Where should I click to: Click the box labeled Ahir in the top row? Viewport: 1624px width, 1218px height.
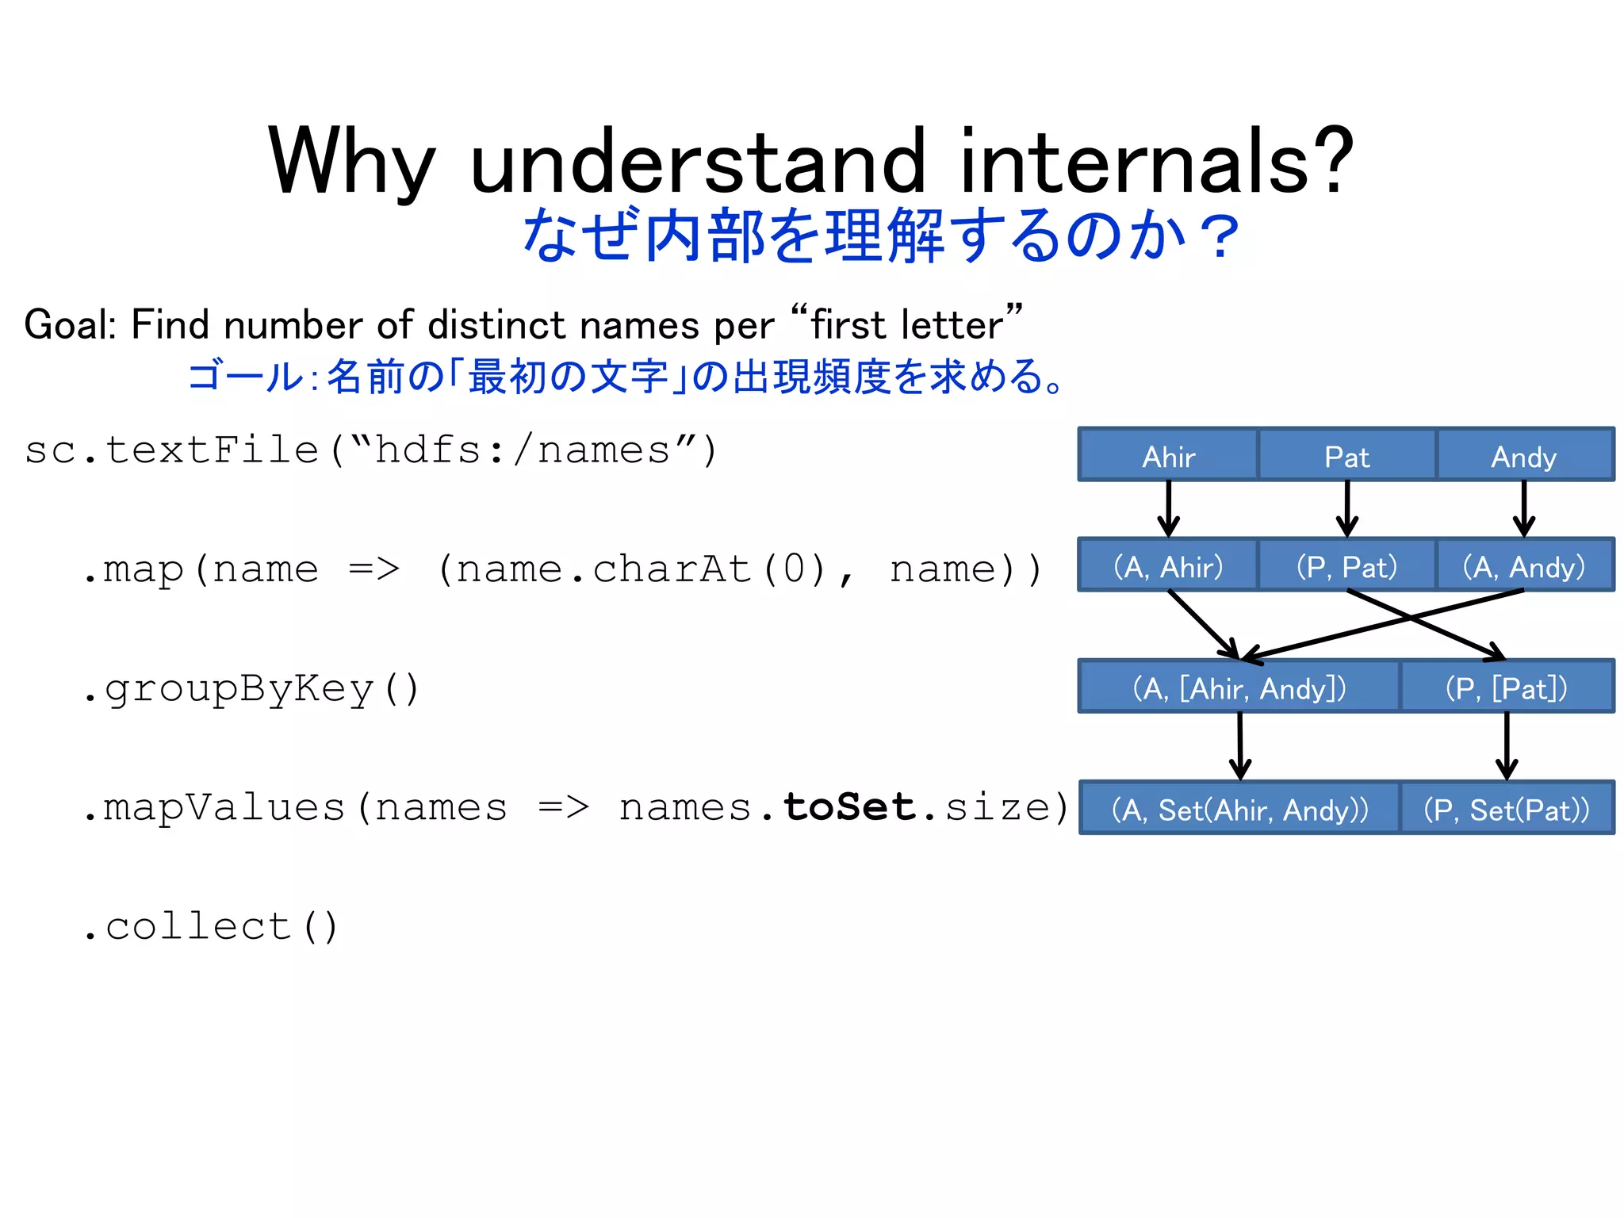(1168, 455)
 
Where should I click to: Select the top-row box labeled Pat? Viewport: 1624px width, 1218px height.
(1346, 455)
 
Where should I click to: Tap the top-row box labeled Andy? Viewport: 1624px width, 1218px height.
(1524, 455)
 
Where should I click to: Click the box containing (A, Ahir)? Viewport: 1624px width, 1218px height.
(1168, 565)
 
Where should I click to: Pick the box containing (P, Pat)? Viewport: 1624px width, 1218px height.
(1346, 565)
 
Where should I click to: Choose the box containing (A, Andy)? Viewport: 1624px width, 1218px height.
(1524, 565)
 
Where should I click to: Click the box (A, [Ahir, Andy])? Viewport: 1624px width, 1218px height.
(1239, 687)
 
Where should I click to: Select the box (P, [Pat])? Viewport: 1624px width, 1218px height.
(1506, 687)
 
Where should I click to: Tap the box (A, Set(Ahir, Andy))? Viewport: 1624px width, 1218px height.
(1239, 808)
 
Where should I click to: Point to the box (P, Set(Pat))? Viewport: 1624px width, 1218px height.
(1506, 808)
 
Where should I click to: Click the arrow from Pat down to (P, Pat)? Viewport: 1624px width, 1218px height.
(1347, 508)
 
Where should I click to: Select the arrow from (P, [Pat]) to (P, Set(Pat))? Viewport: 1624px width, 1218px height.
(1507, 745)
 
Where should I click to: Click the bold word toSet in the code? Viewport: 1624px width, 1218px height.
(848, 807)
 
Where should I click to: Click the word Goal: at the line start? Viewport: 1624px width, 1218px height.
(71, 325)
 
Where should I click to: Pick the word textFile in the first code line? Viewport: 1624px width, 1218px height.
(213, 450)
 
